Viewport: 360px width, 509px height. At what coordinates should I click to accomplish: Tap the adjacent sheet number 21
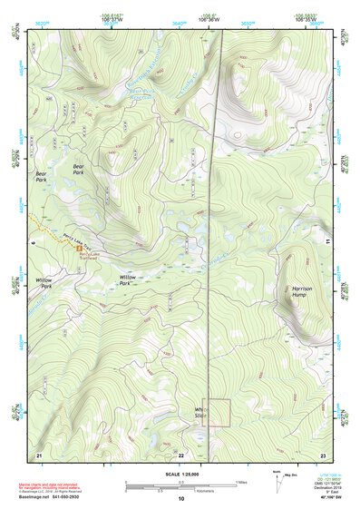pos(39,453)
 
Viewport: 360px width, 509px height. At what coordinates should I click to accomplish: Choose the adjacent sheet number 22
pos(180,453)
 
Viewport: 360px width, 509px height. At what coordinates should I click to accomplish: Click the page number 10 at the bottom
pos(180,499)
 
